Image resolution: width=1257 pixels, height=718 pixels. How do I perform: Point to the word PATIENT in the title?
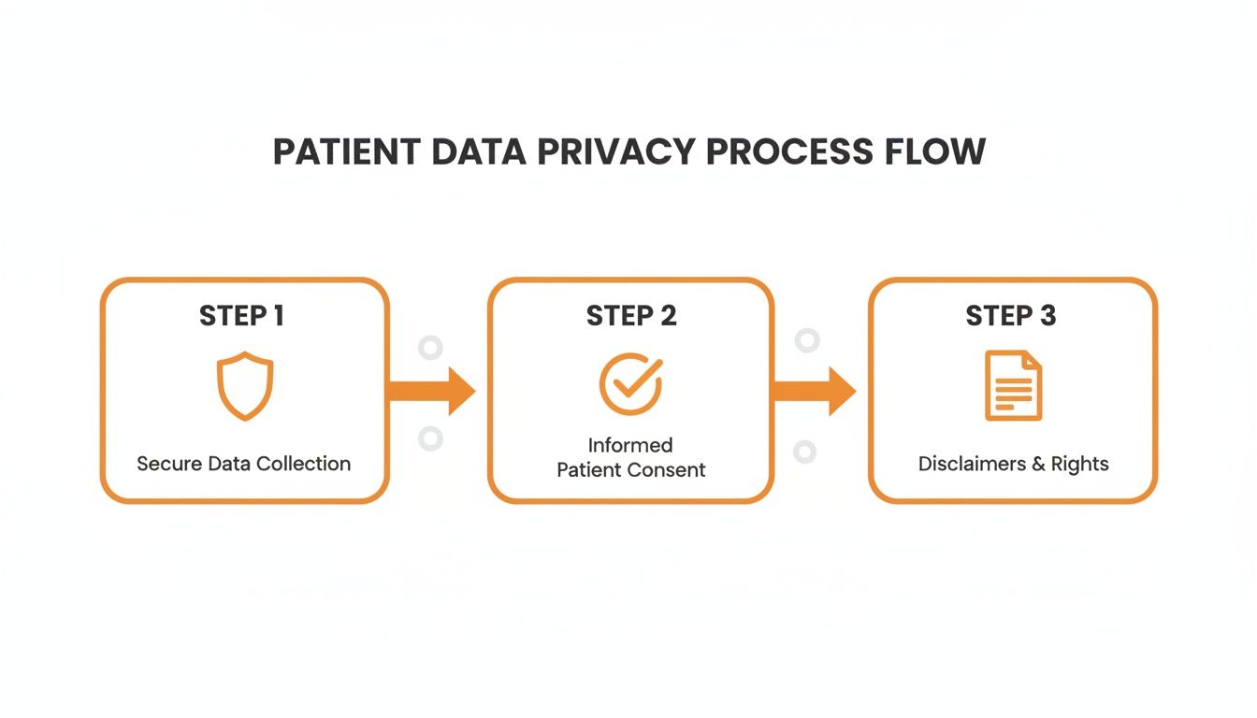click(x=344, y=151)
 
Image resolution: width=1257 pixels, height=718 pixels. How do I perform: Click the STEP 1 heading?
click(x=241, y=316)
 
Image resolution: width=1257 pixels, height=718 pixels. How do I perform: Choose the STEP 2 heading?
click(x=631, y=316)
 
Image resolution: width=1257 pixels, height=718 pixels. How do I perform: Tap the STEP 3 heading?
click(x=1011, y=316)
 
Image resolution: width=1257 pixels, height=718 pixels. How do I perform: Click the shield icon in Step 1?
click(x=245, y=386)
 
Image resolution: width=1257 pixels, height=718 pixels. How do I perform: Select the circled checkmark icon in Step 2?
click(x=630, y=383)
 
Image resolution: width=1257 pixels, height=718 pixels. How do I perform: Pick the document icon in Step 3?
click(x=1013, y=385)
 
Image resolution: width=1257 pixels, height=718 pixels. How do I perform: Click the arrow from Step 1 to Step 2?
click(x=432, y=391)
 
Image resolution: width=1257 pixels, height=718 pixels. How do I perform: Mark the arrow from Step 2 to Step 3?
click(x=814, y=391)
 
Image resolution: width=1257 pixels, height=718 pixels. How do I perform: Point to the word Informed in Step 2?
click(x=630, y=445)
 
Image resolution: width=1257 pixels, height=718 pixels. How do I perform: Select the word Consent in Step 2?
click(x=671, y=469)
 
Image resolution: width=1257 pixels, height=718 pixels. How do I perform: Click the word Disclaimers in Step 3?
click(x=971, y=464)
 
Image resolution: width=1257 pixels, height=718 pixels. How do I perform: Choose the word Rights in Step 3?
click(x=1080, y=464)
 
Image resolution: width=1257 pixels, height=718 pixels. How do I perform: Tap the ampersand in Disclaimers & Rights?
click(x=1037, y=464)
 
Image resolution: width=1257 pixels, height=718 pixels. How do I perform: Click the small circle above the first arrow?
click(x=430, y=349)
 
